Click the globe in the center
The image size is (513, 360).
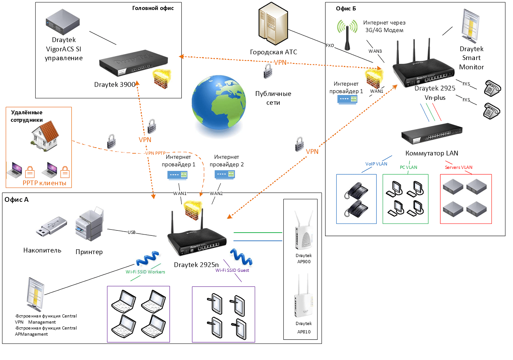coord(219,103)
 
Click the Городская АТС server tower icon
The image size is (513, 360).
coord(273,23)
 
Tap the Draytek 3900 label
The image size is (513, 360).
coord(114,84)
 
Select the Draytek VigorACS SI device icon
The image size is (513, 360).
coord(63,22)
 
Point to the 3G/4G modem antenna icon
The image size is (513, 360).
coord(347,35)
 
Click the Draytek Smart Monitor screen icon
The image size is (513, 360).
coord(470,26)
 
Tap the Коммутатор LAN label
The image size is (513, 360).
coord(432,153)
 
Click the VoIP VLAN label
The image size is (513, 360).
coord(376,164)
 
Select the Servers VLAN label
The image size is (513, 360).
coord(458,167)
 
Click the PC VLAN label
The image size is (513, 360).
coord(408,167)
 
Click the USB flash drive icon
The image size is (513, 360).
coord(51,227)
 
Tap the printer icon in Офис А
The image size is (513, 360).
coord(89,225)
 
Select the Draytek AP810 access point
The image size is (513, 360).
coord(303,297)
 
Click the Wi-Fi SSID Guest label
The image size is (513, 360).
coord(232,270)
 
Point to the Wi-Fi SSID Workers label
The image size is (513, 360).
coord(145,272)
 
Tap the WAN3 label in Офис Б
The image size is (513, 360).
coord(375,51)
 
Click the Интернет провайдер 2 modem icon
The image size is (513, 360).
coord(224,175)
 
